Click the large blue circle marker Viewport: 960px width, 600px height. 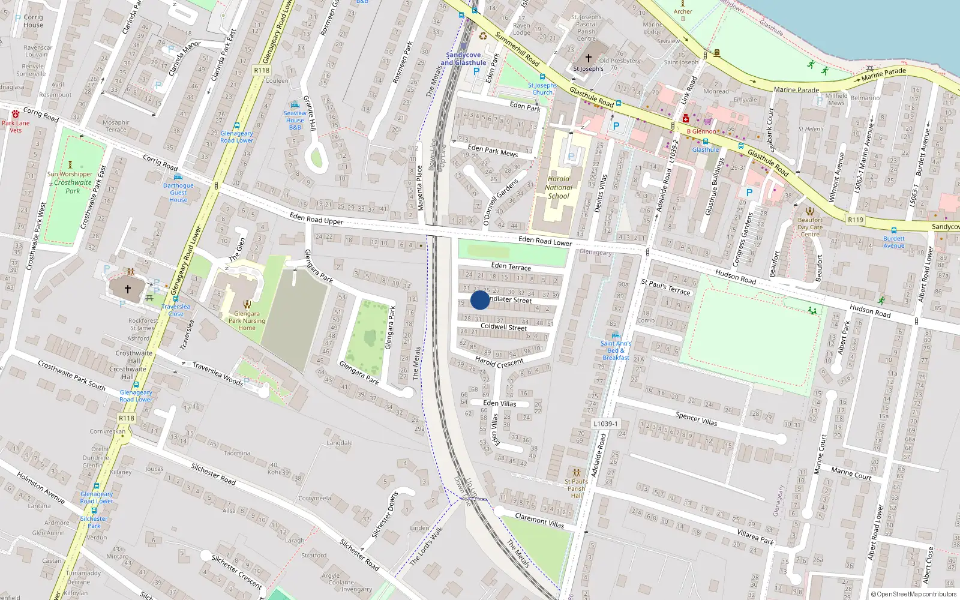480,300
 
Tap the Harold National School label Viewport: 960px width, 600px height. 559,187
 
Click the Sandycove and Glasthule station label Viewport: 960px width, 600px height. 463,59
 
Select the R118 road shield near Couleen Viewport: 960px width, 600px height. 262,70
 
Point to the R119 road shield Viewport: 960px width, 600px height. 856,220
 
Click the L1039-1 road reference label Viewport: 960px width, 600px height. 605,424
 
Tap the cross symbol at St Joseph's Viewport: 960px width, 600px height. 589,58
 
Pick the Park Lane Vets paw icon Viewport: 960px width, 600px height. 16,114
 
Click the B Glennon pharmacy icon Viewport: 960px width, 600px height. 685,119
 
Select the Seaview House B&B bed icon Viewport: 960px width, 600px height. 295,105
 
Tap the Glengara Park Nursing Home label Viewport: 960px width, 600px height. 247,320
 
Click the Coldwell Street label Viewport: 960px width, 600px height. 503,327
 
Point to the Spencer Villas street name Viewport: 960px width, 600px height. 696,418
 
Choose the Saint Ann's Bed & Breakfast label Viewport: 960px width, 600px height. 616,350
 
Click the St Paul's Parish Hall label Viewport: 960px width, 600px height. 577,488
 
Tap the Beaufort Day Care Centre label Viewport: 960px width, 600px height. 810,227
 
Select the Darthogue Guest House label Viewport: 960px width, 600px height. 178,193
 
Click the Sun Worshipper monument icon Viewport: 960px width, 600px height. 70,164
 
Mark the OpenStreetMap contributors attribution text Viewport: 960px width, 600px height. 914,594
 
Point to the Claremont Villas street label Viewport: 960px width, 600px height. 539,520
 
